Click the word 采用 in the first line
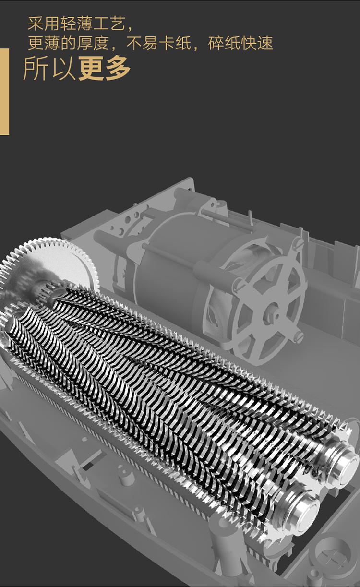(x=44, y=24)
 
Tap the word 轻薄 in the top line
(x=76, y=24)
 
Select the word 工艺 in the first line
(x=109, y=24)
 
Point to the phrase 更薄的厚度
(x=68, y=43)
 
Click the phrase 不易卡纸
(x=159, y=43)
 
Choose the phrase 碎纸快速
(x=240, y=43)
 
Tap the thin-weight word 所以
(x=49, y=68)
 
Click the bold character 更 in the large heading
(x=91, y=68)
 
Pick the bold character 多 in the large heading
(x=118, y=68)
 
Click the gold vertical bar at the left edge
(x=4, y=92)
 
